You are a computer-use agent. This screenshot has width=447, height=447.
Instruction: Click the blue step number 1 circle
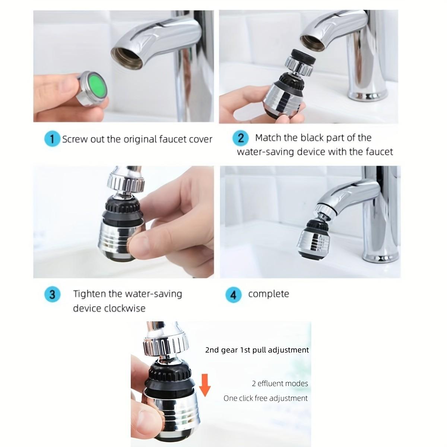pyautogui.click(x=52, y=139)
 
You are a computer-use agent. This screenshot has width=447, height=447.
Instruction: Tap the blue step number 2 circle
pyautogui.click(x=240, y=138)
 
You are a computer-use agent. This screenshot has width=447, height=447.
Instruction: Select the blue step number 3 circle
pyautogui.click(x=52, y=294)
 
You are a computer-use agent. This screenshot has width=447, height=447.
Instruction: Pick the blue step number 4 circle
pyautogui.click(x=233, y=295)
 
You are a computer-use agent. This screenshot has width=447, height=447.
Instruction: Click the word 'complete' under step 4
pyautogui.click(x=269, y=294)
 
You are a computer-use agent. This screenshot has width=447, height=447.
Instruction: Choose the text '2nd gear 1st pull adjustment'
pyautogui.click(x=257, y=350)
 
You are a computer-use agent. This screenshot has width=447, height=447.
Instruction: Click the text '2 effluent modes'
pyautogui.click(x=280, y=383)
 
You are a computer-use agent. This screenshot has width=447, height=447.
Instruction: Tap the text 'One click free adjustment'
pyautogui.click(x=266, y=398)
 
